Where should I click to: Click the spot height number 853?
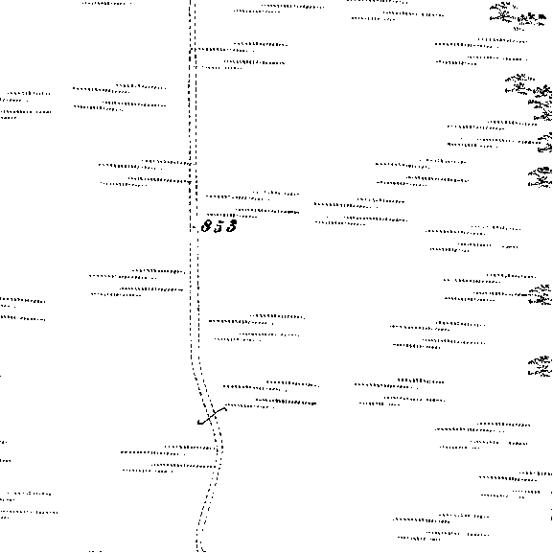219,226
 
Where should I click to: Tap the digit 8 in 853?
206,226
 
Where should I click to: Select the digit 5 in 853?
219,226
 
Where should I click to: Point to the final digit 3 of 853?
231,226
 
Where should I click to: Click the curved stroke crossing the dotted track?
212,416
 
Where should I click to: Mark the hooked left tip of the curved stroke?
198,423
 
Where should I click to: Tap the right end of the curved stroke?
226,408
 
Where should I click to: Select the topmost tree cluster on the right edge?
517,16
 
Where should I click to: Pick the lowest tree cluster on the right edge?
540,367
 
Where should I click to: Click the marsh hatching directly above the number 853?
252,204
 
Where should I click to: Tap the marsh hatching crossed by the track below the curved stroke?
171,458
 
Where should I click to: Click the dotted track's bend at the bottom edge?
199,545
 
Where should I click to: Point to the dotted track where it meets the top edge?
193,2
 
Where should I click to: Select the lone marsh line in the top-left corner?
106,4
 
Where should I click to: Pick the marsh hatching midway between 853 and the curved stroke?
257,328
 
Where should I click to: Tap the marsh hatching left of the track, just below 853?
138,283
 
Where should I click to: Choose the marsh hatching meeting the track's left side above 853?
148,173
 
